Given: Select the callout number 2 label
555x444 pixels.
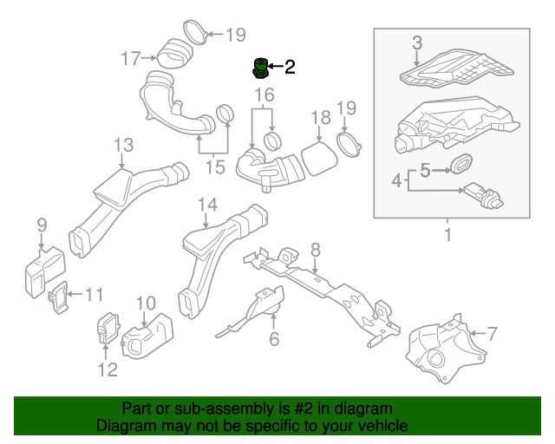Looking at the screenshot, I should pos(289,67).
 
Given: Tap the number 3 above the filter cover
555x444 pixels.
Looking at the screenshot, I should pos(417,42).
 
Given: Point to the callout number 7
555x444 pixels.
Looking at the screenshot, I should pos(492,333).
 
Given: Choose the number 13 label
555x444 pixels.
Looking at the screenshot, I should pos(123,144).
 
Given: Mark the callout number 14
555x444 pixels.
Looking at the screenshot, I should pos(206,205).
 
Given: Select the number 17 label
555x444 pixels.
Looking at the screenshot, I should pos(131,58).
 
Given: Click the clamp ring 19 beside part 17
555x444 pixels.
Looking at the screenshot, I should pos(196,36).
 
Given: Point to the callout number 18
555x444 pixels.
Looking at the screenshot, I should pos(320,117).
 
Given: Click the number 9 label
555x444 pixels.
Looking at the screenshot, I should pos(41,226).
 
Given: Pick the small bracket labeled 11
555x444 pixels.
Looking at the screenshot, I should pos(58,296).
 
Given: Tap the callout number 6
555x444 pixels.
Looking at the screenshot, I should pos(274,339).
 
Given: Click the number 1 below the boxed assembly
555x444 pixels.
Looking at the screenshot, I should pos(448,235).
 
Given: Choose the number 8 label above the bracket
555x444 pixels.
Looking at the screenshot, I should pos(316,250).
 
